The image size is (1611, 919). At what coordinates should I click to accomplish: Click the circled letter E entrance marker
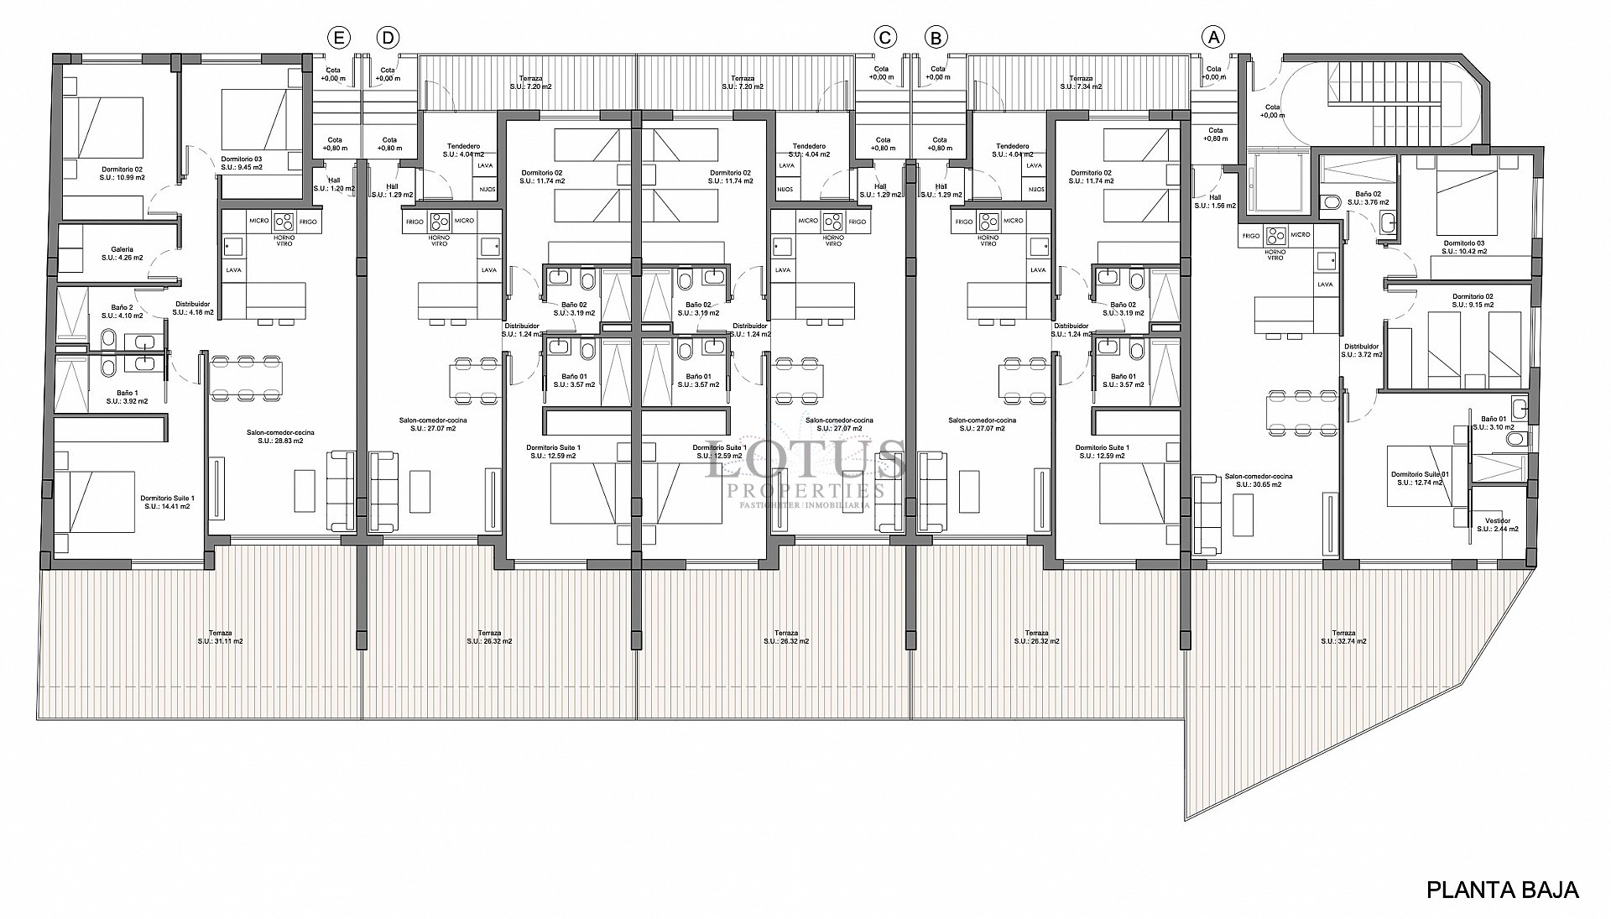point(339,37)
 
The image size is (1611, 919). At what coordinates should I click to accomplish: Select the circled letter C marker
point(884,37)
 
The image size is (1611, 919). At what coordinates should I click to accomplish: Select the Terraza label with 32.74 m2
point(1343,637)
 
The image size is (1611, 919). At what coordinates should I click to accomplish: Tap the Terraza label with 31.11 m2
point(221,637)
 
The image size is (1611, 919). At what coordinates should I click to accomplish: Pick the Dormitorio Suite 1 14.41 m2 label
point(169,502)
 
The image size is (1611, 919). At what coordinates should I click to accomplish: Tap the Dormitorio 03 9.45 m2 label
point(242,163)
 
